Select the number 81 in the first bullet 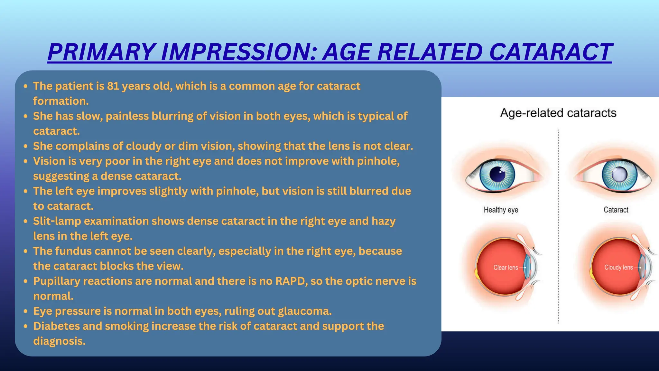(113, 86)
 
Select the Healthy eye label (501, 210)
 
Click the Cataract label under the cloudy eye (616, 210)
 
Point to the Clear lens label (506, 268)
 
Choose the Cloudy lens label (618, 268)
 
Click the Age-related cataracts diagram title (558, 113)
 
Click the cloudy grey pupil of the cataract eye (619, 175)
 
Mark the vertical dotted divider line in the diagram (558, 225)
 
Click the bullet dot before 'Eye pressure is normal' (26, 311)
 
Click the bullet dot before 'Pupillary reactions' (26, 281)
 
